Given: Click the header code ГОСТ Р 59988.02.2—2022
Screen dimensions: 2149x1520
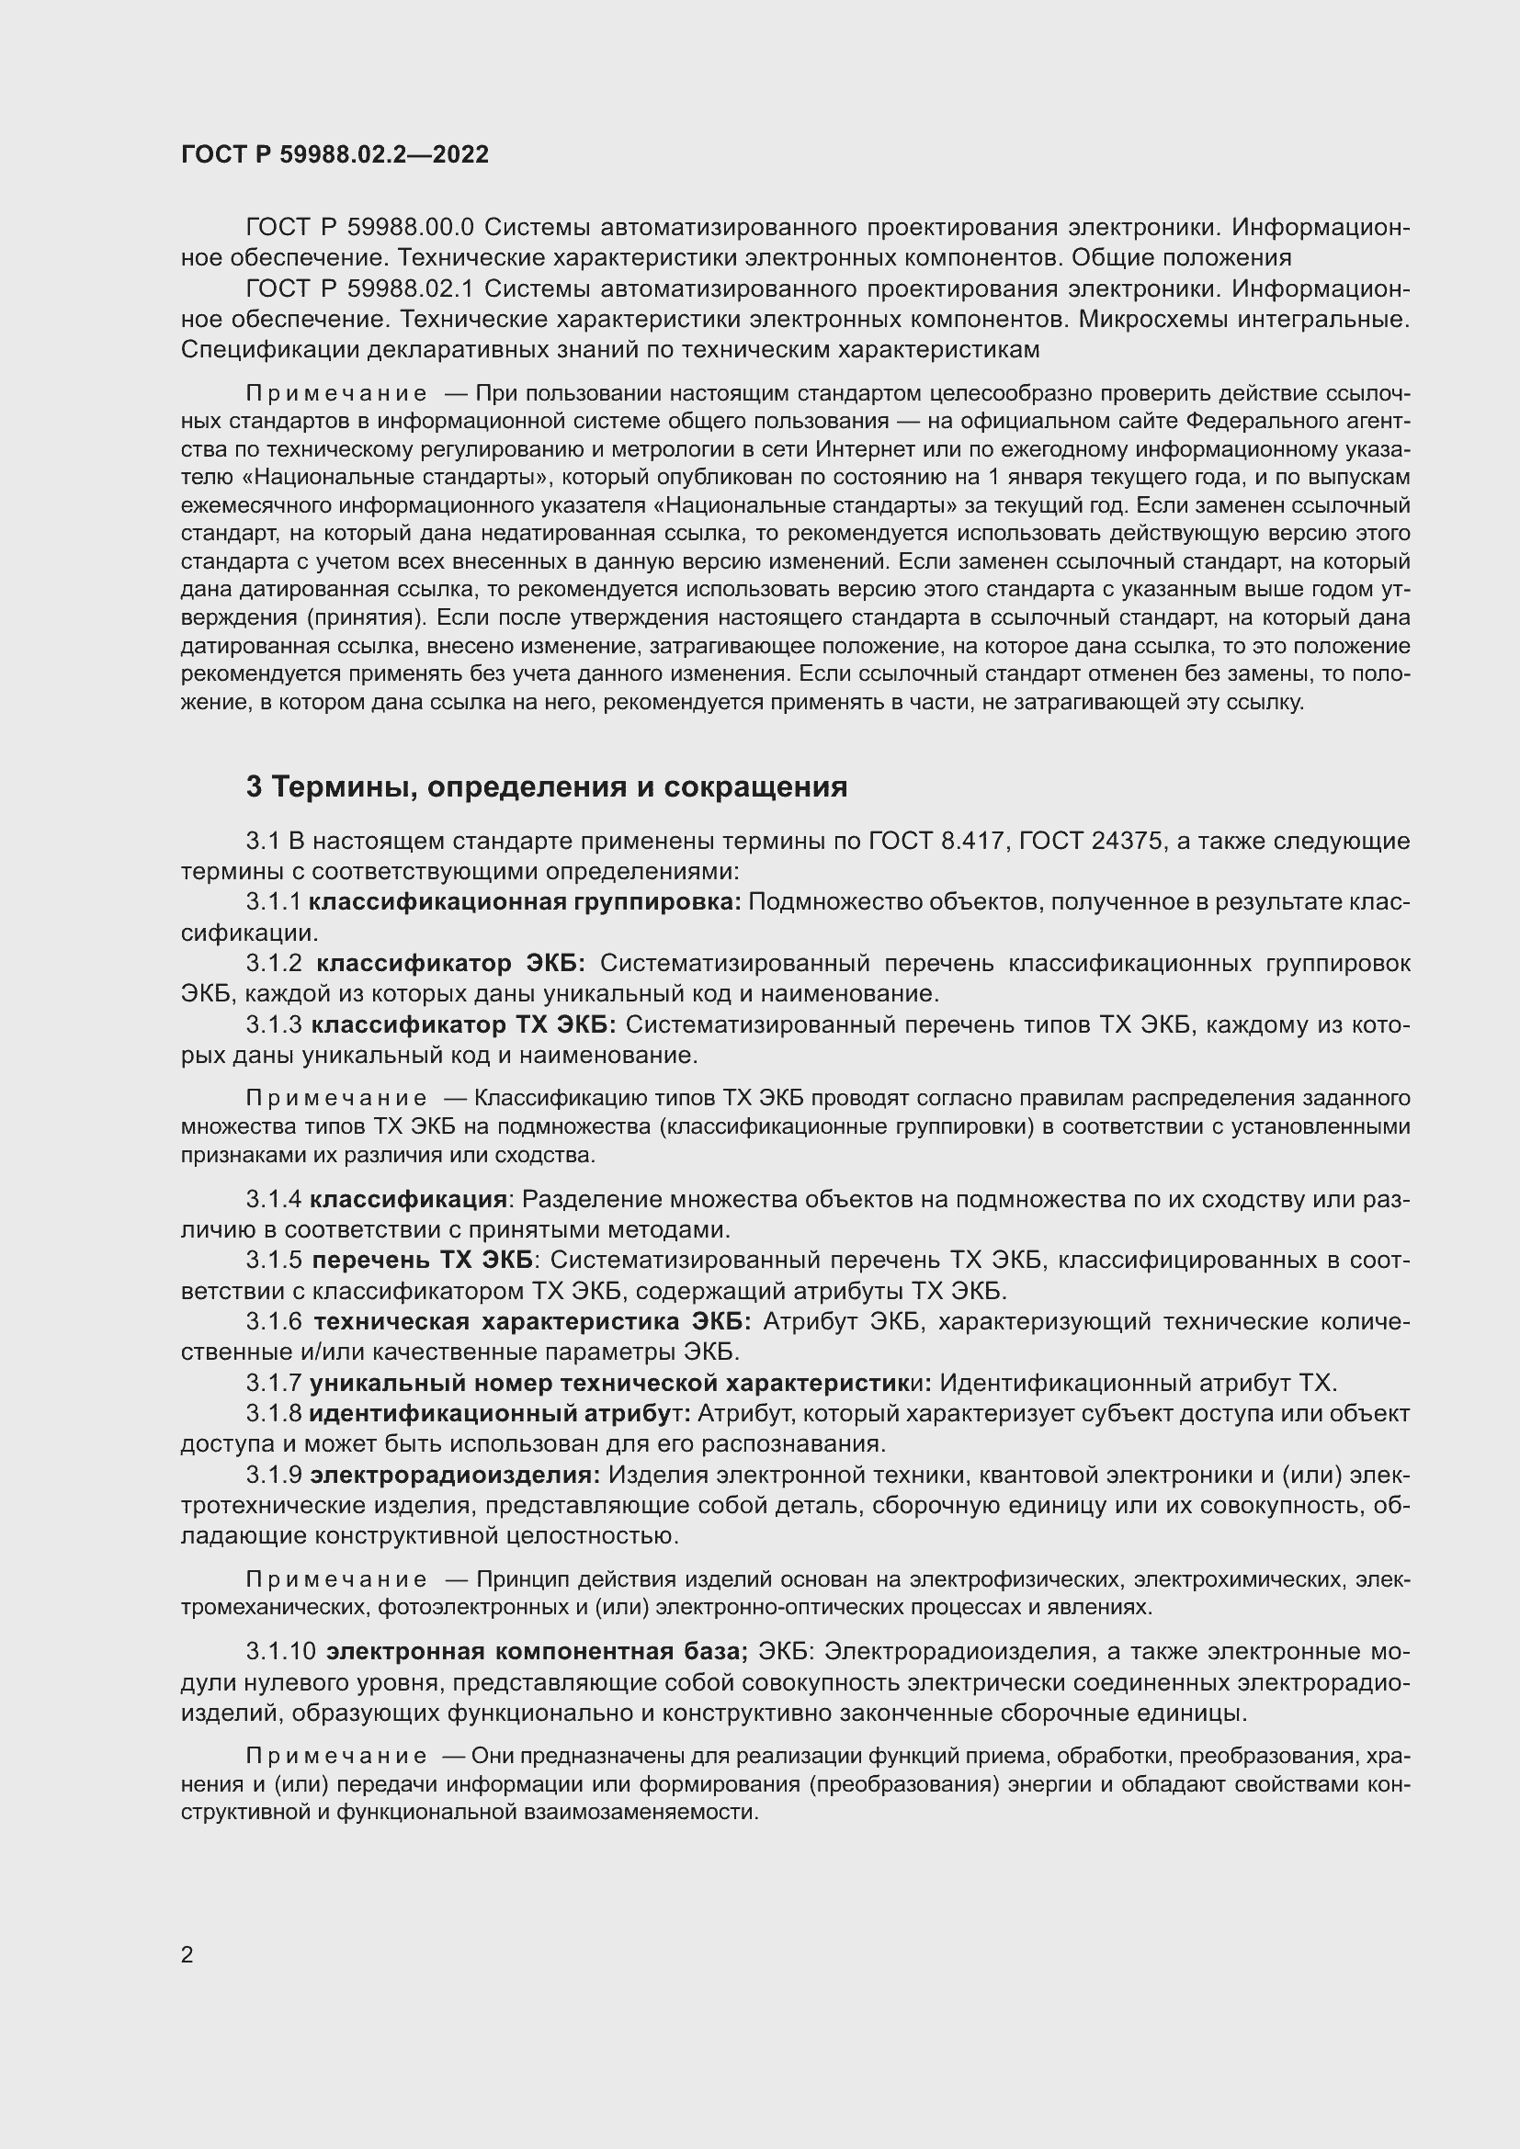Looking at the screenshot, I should (x=335, y=154).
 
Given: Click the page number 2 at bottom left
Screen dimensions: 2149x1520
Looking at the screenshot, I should (x=187, y=1954).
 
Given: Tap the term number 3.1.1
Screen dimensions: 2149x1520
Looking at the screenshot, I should (x=273, y=902).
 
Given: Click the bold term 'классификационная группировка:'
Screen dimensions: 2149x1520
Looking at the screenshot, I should (x=525, y=902).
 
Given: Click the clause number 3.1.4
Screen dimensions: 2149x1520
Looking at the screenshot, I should (x=273, y=1200).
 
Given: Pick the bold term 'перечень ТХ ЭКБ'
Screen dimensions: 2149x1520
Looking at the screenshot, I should (x=422, y=1261).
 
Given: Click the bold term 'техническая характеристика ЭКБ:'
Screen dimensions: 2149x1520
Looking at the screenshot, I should (x=531, y=1322).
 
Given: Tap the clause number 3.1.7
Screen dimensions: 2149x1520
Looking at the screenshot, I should (x=273, y=1384).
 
